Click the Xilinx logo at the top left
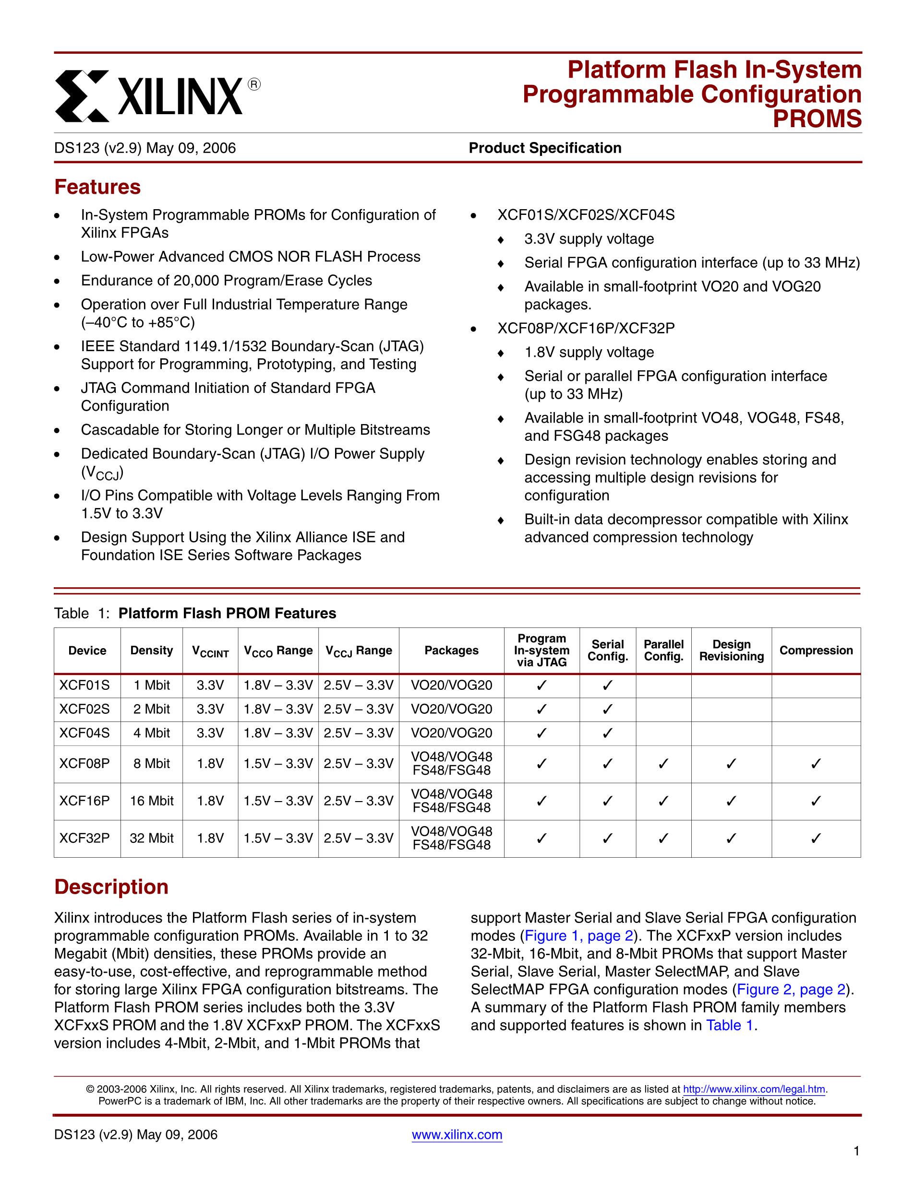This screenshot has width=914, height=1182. click(x=157, y=96)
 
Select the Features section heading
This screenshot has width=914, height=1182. click(x=97, y=187)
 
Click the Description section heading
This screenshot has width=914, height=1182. click(x=111, y=887)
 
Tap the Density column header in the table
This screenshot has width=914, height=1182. click(x=152, y=650)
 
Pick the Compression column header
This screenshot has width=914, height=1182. click(x=816, y=650)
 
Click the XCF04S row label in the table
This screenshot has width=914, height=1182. click(x=84, y=733)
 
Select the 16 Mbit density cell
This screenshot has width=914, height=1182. click(x=152, y=801)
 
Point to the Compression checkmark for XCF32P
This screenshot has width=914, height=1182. click(x=816, y=839)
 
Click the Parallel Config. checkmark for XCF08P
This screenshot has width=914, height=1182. click(x=663, y=764)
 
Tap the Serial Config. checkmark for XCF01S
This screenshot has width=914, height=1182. click(x=608, y=686)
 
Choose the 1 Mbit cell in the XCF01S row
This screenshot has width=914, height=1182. click(x=152, y=686)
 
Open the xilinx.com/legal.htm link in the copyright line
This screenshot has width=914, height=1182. click(x=754, y=1089)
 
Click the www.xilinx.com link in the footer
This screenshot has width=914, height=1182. click(x=457, y=1135)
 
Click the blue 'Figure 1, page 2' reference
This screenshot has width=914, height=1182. click(x=579, y=936)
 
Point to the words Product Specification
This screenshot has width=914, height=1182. click(x=545, y=148)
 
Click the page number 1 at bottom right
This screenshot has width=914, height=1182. click(x=856, y=1166)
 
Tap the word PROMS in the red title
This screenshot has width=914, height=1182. click(x=817, y=119)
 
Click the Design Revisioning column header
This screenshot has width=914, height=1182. click(x=731, y=650)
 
